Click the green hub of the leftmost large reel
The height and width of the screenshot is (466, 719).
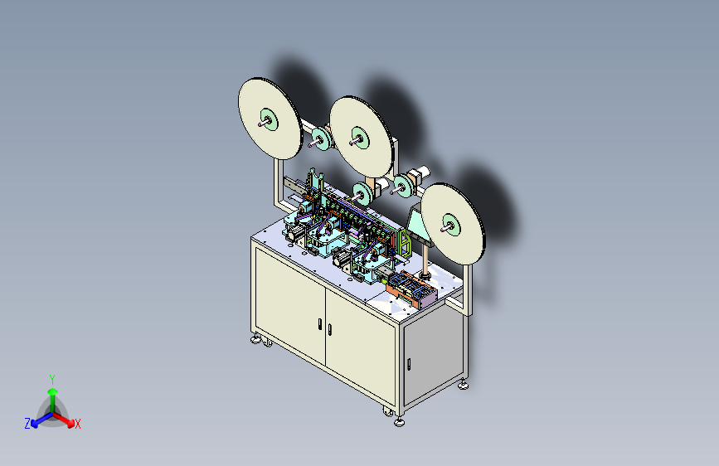pyautogui.click(x=269, y=120)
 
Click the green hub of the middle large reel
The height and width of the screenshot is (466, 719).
pyautogui.click(x=361, y=138)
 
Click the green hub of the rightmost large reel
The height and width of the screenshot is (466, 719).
pyautogui.click(x=452, y=225)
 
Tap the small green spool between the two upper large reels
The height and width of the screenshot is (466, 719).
pyautogui.click(x=321, y=138)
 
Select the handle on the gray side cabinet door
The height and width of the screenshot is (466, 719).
pyautogui.click(x=409, y=364)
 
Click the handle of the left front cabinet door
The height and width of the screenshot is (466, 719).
pyautogui.click(x=319, y=324)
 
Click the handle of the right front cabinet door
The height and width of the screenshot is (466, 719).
pyautogui.click(x=329, y=329)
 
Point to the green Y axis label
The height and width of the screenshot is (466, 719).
pyautogui.click(x=52, y=380)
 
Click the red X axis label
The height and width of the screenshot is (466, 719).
pyautogui.click(x=77, y=425)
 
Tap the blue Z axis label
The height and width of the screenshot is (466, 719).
pyautogui.click(x=27, y=424)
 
